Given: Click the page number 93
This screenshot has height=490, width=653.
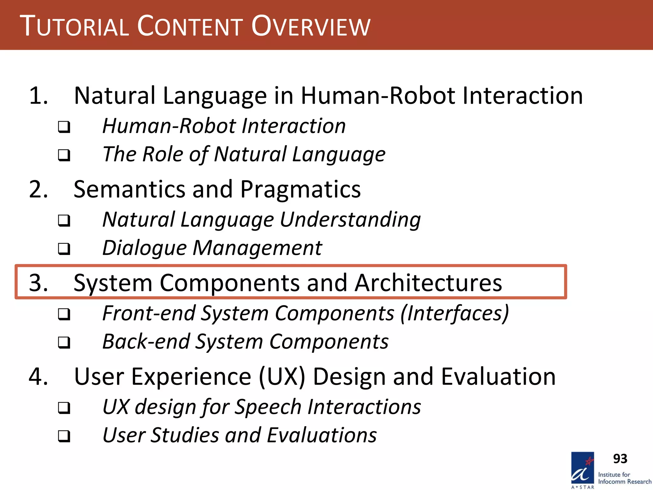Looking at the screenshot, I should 620,459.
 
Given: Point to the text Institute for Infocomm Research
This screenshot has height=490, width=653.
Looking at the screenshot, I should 624,478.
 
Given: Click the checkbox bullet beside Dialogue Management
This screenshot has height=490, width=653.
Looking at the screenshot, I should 64,249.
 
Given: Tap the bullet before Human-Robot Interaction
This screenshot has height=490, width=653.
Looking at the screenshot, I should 64,127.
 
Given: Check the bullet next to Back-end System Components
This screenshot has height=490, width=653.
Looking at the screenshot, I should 64,343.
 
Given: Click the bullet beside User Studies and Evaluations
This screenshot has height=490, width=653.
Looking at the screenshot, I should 64,436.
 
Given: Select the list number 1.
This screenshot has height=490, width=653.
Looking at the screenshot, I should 38,96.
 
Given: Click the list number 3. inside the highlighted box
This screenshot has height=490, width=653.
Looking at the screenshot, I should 38,283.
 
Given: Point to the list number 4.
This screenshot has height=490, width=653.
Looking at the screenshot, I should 38,377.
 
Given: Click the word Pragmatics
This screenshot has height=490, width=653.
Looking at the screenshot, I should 300,189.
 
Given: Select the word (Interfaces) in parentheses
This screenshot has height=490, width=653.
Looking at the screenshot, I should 455,313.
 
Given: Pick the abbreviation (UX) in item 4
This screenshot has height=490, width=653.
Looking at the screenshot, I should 282,377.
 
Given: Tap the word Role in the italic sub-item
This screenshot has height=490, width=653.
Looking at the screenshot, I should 163,154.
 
